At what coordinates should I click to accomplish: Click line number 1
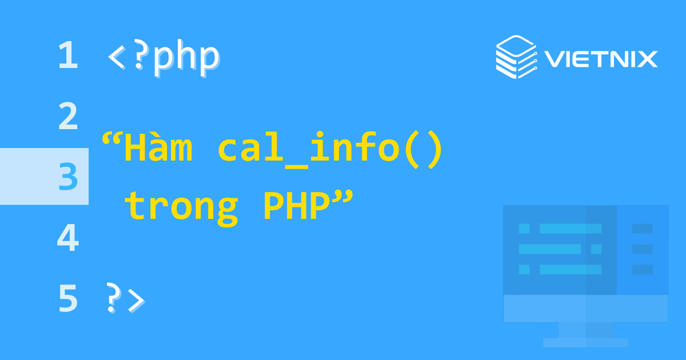point(67,56)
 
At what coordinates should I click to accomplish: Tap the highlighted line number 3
point(68,177)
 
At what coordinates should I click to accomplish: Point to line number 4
point(67,238)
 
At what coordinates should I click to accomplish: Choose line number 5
point(67,298)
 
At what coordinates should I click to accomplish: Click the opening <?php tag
point(163,57)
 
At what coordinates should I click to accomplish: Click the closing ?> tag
point(125,298)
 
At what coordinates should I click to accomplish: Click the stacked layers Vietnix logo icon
point(516,56)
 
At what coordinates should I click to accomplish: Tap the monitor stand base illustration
point(585,342)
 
